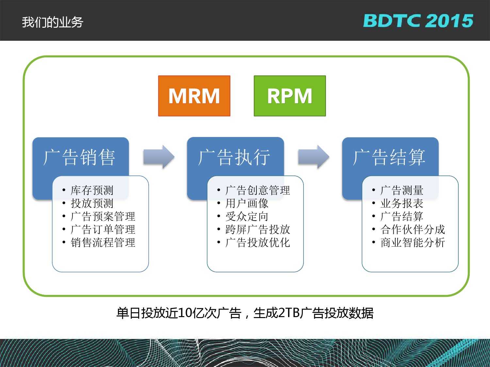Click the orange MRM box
click(x=194, y=96)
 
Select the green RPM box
click(x=290, y=96)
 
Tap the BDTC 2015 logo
click(x=418, y=21)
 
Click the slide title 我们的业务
click(x=53, y=22)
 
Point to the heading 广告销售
click(x=79, y=157)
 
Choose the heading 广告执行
click(x=234, y=157)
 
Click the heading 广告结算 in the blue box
click(x=389, y=157)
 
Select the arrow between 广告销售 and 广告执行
click(x=159, y=157)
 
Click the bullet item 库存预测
click(x=92, y=190)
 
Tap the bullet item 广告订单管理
click(x=103, y=229)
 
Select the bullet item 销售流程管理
click(x=103, y=242)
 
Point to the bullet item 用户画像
click(x=247, y=203)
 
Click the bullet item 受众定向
click(x=247, y=216)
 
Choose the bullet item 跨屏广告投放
click(x=258, y=229)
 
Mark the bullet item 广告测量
click(x=402, y=190)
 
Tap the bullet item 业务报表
click(x=402, y=203)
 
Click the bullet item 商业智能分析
click(x=413, y=242)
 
